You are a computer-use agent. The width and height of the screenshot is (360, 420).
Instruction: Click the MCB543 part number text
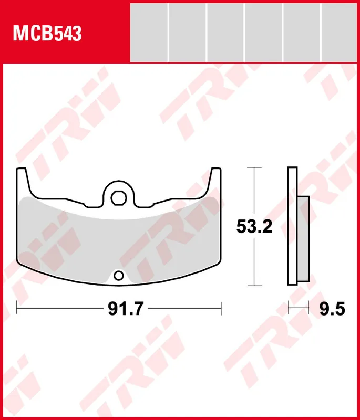coord(47,34)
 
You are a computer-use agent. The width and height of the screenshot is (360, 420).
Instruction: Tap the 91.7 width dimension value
coord(126,309)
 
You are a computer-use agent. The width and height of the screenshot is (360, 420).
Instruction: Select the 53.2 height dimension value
coord(254,227)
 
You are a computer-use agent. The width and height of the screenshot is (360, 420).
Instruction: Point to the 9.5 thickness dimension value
coord(332,309)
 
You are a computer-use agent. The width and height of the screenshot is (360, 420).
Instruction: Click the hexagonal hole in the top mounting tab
coord(118,198)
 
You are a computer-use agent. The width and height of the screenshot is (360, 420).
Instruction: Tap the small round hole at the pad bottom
coord(118,276)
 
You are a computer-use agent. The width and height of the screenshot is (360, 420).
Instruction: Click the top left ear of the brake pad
coord(22,177)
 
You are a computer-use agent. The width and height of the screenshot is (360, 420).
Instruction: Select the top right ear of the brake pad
coord(215,177)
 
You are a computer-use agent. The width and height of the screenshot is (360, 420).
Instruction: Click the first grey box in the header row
coord(149,33)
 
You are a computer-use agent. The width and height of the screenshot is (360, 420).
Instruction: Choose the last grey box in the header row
coord(339,33)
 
